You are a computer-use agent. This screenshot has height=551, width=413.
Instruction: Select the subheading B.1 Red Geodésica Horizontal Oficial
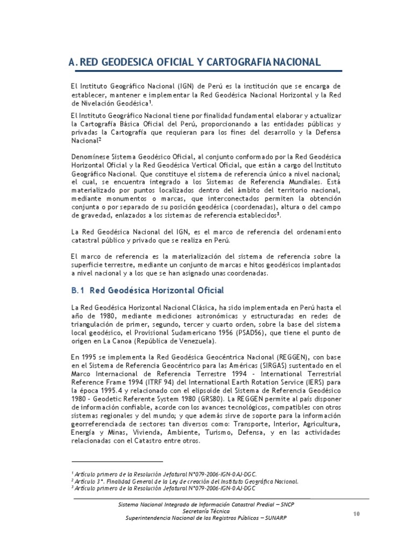(147, 291)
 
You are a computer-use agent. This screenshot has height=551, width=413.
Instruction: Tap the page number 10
(356, 514)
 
